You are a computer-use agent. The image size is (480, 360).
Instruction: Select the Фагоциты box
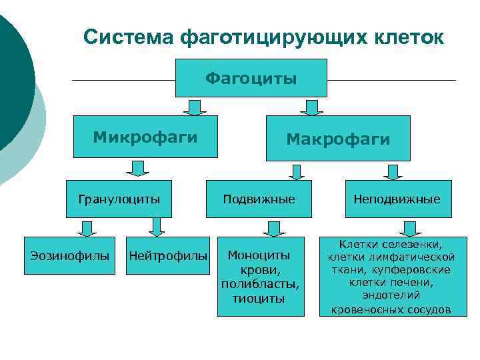point(251,78)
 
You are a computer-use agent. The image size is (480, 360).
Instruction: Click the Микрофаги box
point(145,138)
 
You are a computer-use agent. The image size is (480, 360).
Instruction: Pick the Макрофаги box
point(338,139)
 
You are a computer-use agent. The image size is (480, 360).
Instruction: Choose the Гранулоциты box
point(119,199)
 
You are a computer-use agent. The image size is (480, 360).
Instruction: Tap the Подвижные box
point(259,199)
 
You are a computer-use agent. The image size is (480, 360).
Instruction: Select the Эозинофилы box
point(70,255)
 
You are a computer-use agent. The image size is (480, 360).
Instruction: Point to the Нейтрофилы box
point(168,255)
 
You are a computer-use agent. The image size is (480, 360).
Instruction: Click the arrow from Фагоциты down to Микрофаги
point(195,107)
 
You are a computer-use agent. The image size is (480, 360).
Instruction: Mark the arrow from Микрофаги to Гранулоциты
point(137,168)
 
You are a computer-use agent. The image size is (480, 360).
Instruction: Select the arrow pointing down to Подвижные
point(297,171)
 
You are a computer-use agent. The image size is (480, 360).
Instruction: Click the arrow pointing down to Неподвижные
point(392,171)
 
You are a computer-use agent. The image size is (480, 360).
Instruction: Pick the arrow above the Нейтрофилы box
point(157,227)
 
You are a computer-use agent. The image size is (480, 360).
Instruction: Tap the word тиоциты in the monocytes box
point(259,298)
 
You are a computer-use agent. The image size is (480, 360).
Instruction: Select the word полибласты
point(260,284)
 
